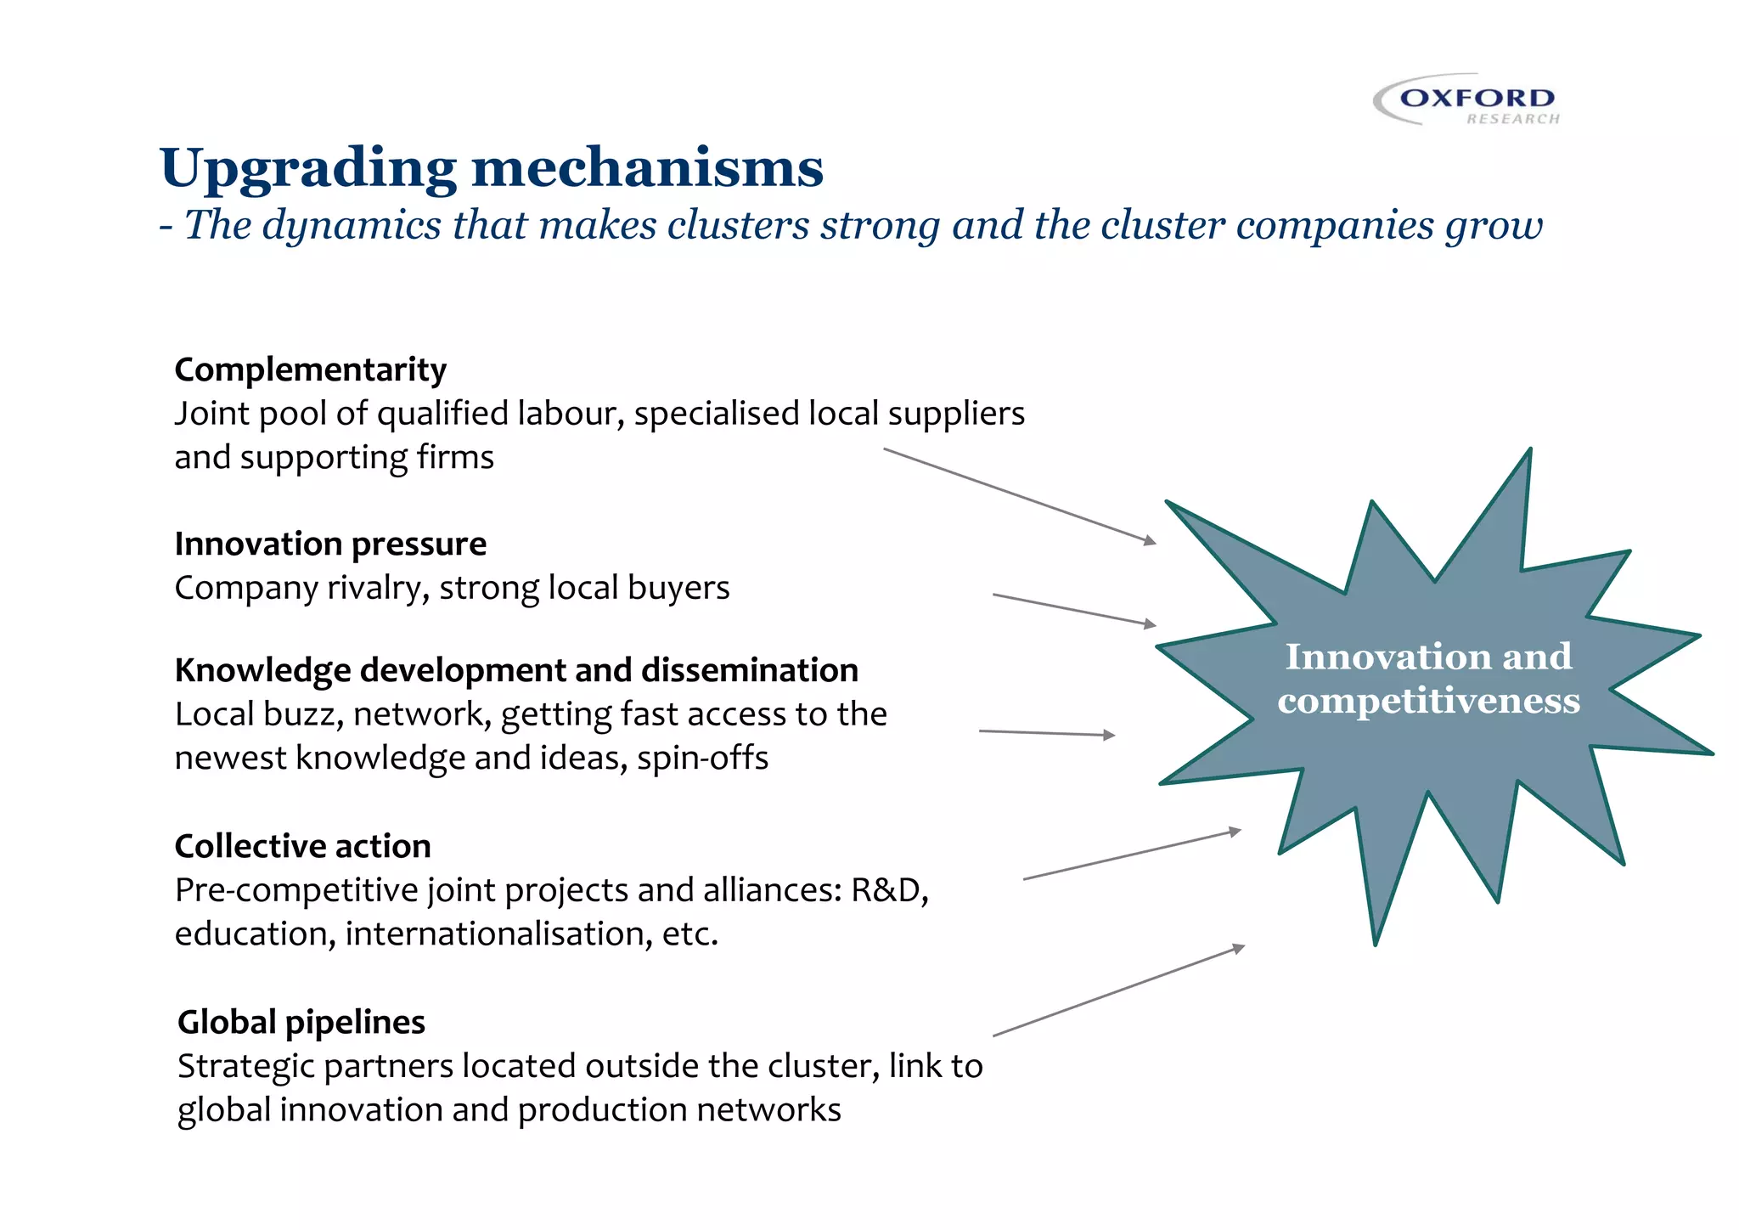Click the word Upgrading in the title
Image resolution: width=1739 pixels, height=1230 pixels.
[x=308, y=168]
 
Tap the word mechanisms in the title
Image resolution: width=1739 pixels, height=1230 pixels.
[x=647, y=168]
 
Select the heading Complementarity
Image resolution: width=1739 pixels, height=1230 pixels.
[x=310, y=370]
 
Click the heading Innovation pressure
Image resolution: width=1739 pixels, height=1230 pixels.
[x=330, y=544]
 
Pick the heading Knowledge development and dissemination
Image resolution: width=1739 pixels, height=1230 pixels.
[x=516, y=670]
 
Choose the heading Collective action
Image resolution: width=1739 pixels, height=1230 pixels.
[x=302, y=846]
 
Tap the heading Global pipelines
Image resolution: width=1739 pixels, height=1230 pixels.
[x=301, y=1022]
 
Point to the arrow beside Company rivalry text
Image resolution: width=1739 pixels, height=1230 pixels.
[x=1074, y=610]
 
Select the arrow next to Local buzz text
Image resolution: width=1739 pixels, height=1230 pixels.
[x=1046, y=733]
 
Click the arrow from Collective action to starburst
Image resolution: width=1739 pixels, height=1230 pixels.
[x=1132, y=855]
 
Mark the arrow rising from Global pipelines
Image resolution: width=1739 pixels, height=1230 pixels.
[x=1118, y=990]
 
